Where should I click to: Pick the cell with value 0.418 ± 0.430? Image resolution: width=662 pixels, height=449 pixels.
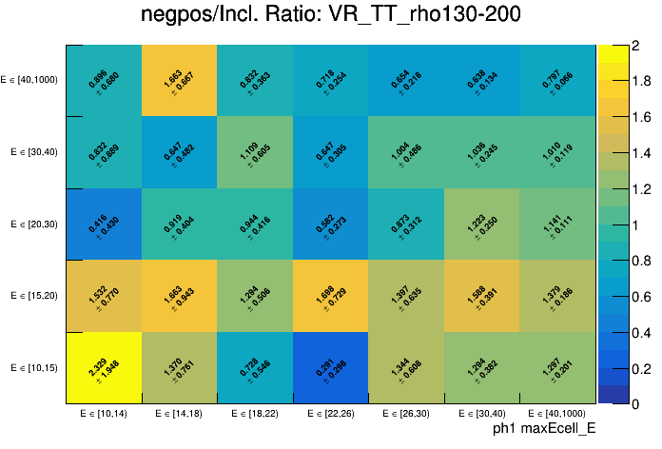click(x=104, y=224)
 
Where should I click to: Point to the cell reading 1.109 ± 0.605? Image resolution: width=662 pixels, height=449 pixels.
click(x=255, y=152)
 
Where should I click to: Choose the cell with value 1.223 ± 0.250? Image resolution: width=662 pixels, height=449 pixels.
click(x=482, y=224)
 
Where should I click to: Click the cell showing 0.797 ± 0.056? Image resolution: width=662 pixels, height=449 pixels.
click(x=558, y=80)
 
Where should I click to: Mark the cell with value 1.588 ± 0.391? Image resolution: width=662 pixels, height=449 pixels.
click(x=482, y=296)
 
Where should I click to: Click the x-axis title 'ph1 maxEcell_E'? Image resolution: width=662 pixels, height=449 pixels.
click(x=544, y=429)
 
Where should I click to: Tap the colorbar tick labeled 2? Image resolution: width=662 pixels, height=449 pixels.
click(x=633, y=45)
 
